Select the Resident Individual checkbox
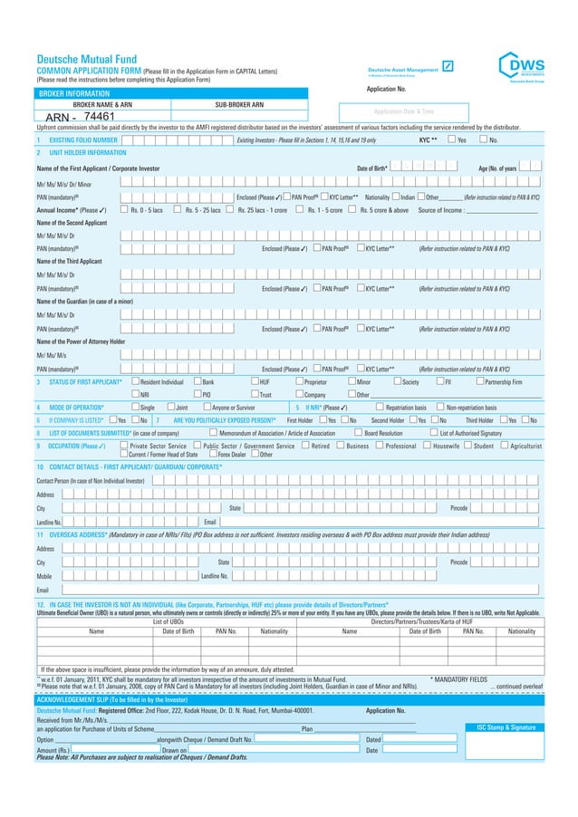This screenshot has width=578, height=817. click(134, 382)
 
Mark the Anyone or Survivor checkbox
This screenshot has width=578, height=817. click(205, 408)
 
